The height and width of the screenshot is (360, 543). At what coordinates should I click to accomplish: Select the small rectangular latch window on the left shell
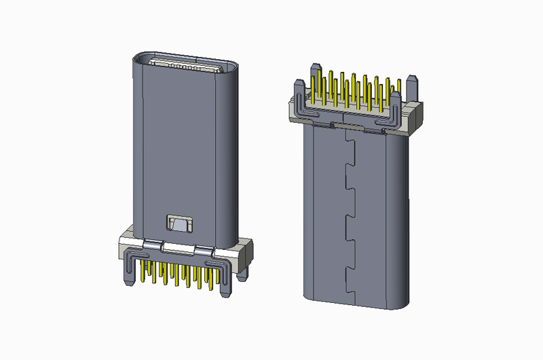[x=179, y=223]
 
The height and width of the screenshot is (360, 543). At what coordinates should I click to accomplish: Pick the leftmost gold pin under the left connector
[x=143, y=272]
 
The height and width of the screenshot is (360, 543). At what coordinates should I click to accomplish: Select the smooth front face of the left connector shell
[x=180, y=149]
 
